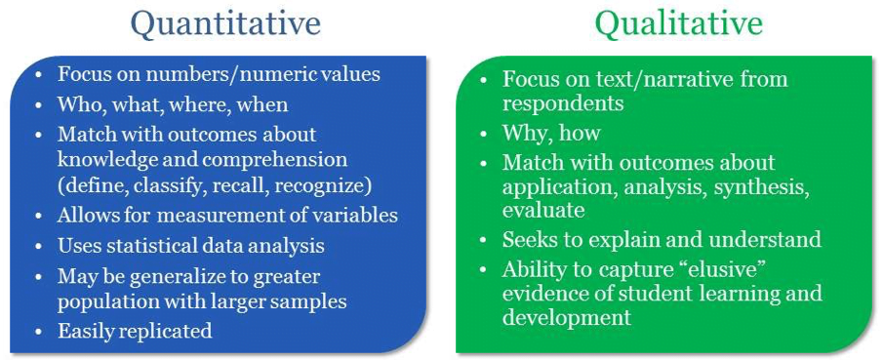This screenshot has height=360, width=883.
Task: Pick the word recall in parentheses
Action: pos(235,187)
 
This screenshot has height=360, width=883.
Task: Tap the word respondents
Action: pos(563,103)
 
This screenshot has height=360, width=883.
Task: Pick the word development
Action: pos(567,318)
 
